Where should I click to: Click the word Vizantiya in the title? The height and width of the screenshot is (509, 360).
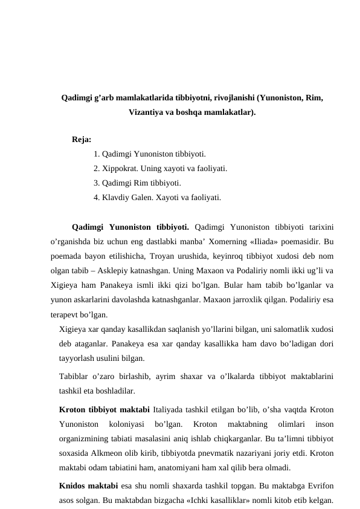click(146, 112)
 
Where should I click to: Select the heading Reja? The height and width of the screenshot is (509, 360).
click(82, 140)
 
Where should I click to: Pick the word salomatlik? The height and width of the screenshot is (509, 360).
click(293, 328)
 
